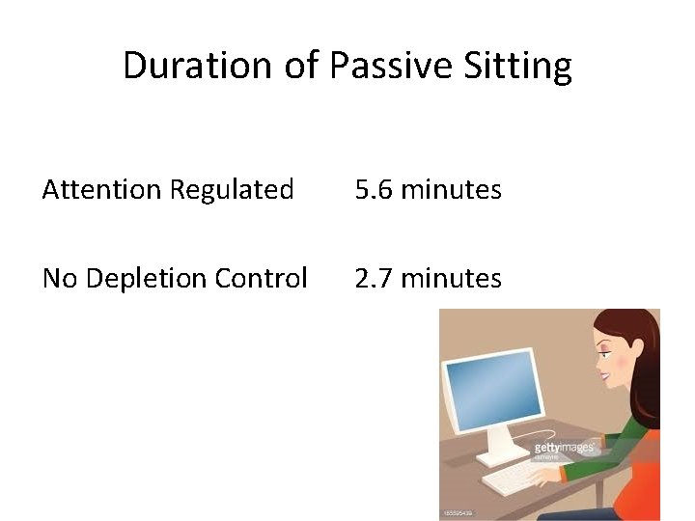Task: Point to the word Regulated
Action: coord(232,190)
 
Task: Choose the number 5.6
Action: coord(374,190)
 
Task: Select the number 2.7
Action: coord(374,279)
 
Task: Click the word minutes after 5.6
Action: coord(451,190)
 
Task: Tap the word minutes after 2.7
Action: coord(451,279)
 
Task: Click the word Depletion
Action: coord(147,279)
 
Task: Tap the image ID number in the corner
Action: coord(458,513)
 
